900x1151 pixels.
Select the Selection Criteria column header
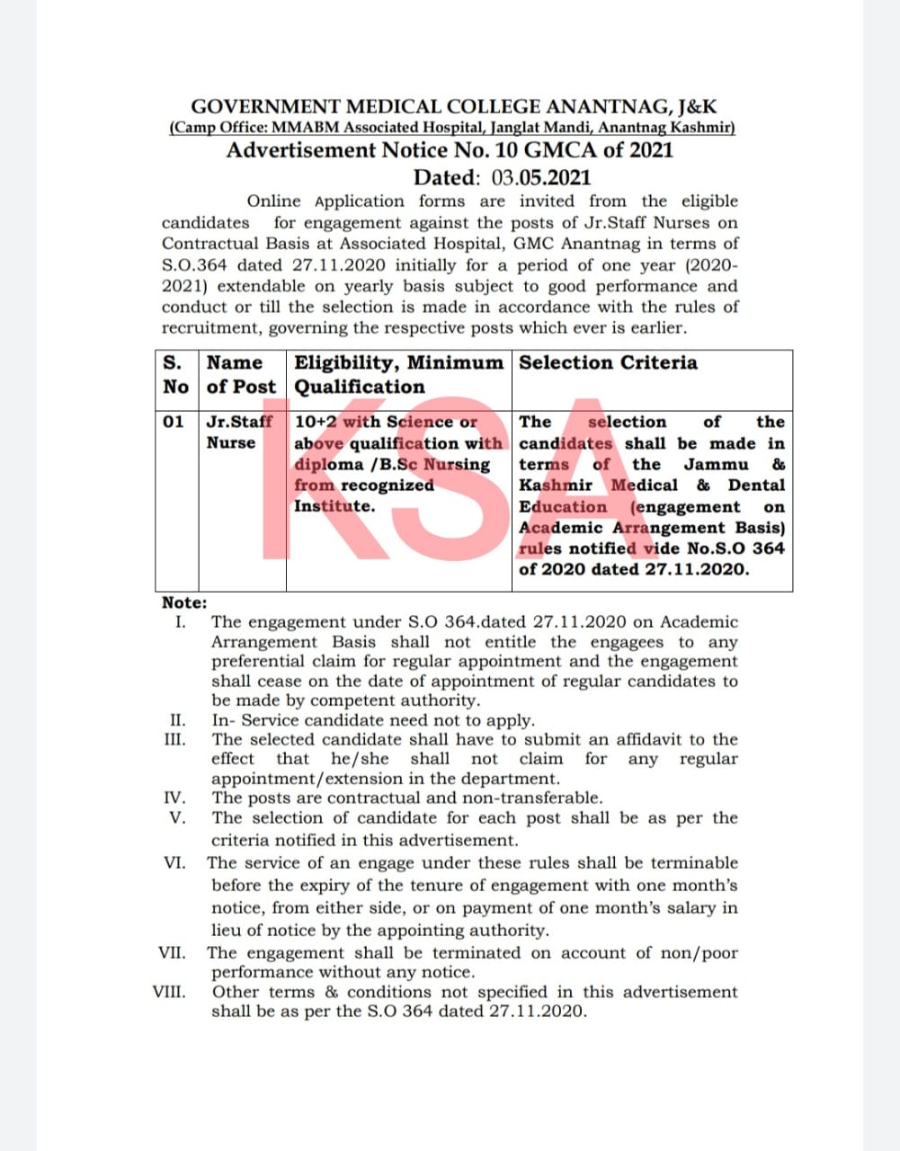coord(608,362)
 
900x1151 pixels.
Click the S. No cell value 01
coord(174,422)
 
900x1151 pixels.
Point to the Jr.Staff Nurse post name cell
coord(238,432)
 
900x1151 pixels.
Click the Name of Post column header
coord(241,374)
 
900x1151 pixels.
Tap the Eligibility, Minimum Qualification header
coord(398,374)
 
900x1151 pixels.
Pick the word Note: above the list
coord(184,602)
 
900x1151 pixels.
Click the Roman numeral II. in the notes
coord(177,720)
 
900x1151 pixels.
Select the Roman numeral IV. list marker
coord(175,798)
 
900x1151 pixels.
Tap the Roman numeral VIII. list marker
coord(170,992)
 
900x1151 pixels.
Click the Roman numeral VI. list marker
coord(174,862)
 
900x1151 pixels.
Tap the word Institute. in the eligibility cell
coord(334,505)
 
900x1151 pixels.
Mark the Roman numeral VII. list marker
coord(173,952)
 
